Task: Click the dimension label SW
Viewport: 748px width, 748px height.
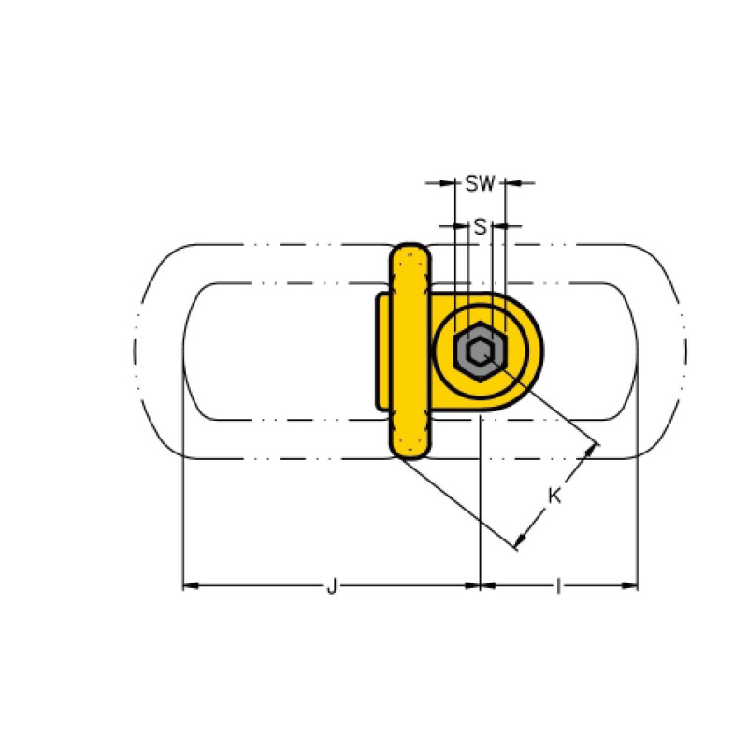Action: pos(481,183)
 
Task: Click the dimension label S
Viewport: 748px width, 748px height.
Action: pos(481,227)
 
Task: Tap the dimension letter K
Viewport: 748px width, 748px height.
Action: pos(554,496)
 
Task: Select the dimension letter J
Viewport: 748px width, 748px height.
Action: pos(332,585)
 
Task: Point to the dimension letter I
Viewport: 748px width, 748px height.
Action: pos(558,585)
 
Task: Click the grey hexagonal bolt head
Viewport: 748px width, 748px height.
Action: pos(480,352)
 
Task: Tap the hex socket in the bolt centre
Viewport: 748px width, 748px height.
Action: pos(479,352)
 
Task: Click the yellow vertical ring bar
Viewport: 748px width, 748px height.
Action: pos(410,352)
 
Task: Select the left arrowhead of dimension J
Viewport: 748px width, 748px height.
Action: pos(191,585)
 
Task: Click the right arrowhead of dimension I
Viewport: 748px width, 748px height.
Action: pos(629,585)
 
